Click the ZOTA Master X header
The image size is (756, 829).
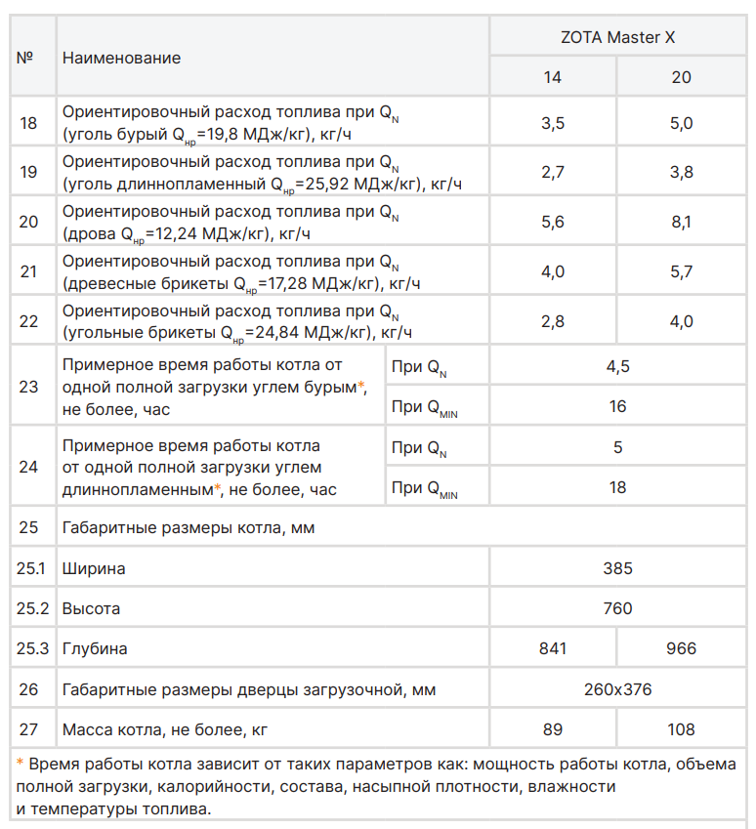pos(617,38)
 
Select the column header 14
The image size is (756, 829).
pos(553,77)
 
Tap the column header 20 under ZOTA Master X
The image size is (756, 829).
pos(682,77)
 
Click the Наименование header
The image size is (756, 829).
pos(121,58)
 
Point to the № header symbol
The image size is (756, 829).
pos(26,58)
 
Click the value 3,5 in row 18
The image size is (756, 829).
pos(553,122)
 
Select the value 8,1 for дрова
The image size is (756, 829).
pos(682,222)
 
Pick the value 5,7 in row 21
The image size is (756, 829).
pos(682,271)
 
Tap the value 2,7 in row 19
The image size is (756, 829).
pos(553,172)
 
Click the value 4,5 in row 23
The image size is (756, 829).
pos(617,367)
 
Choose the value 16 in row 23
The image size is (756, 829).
pos(617,406)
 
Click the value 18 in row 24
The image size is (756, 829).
pos(617,487)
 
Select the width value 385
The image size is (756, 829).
pos(617,568)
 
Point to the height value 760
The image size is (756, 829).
pos(617,608)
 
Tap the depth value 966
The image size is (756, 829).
pos(682,648)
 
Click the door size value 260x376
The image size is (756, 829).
pos(617,689)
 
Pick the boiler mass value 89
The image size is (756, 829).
pos(553,729)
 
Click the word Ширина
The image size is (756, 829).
pos(94,568)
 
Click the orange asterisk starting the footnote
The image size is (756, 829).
pos(21,764)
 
